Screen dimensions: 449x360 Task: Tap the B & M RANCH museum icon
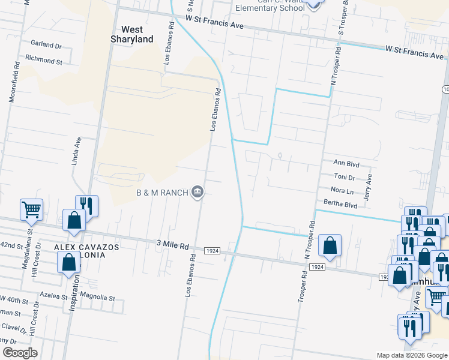pos(197,193)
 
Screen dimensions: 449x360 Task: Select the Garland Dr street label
pos(46,45)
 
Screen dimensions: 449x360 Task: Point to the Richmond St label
pos(43,61)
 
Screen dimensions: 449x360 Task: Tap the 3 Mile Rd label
pos(172,245)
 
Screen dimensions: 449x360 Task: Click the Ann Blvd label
pos(346,163)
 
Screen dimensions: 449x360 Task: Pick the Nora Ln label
pos(342,191)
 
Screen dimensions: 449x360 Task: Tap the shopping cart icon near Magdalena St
pos(31,209)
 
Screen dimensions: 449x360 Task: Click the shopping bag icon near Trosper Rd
pos(330,245)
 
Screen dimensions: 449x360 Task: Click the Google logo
pos(20,353)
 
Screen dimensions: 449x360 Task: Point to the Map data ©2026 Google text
pos(411,355)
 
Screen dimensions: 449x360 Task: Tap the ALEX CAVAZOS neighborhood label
pos(87,247)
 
